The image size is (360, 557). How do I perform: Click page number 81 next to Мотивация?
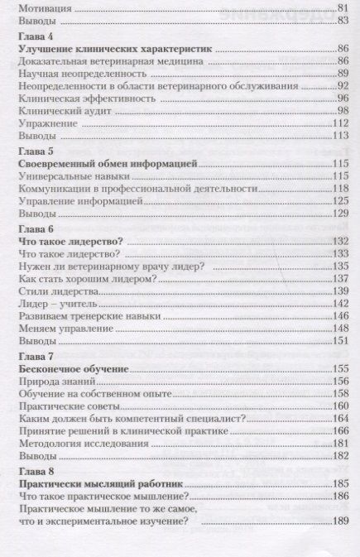click(340, 7)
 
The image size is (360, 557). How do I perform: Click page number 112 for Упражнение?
click(337, 122)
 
